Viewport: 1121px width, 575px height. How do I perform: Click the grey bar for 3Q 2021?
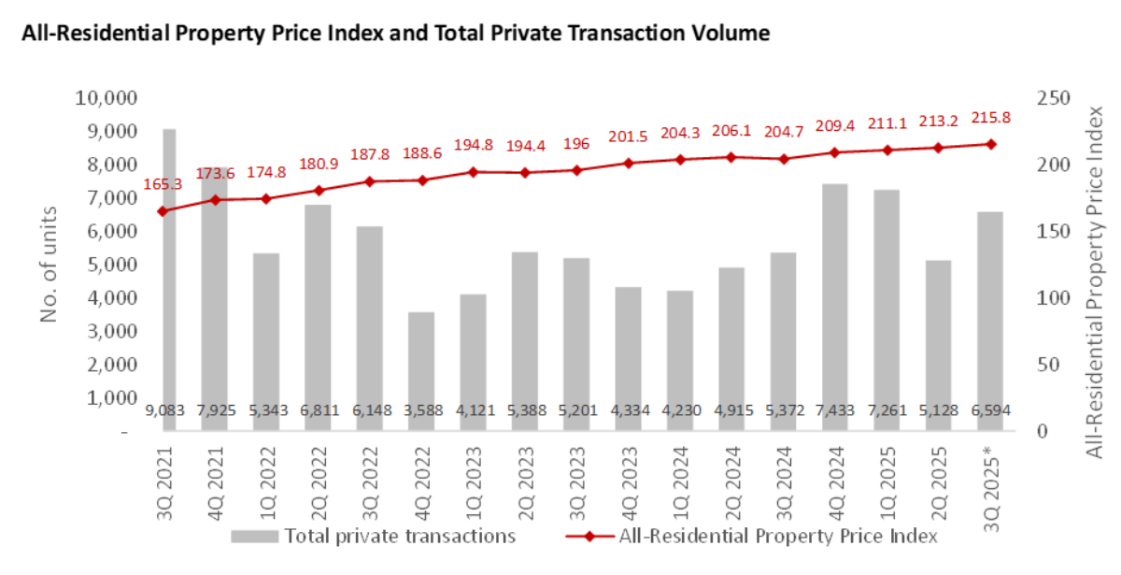pos(169,280)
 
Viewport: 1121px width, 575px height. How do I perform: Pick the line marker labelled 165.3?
pos(163,211)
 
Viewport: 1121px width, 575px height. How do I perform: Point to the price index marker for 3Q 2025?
pos(989,144)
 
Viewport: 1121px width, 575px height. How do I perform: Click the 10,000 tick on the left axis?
pos(104,98)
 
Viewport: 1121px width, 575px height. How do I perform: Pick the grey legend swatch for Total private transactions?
pos(255,537)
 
